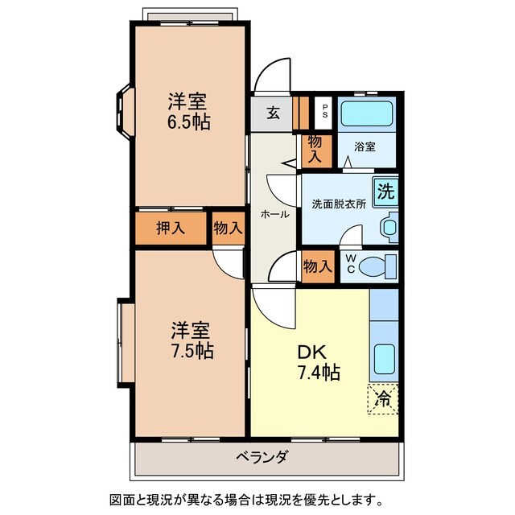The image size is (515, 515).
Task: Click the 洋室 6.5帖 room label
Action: click(189, 112)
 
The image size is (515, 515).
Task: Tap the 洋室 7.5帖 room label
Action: click(191, 341)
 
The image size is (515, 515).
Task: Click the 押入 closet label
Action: click(171, 228)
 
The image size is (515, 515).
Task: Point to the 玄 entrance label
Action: click(274, 113)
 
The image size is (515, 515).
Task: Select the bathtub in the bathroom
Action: click(367, 113)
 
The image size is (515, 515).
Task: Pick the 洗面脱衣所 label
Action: click(339, 204)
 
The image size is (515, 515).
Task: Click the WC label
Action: click(351, 264)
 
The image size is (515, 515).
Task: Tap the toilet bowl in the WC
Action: click(378, 265)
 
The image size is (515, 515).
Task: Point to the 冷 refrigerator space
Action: click(384, 398)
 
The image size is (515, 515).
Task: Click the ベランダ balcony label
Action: click(263, 458)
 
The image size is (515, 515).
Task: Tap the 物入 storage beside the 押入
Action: click(228, 228)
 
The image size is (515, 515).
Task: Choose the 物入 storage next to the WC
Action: click(318, 265)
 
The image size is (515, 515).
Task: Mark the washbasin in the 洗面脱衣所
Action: click(389, 226)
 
